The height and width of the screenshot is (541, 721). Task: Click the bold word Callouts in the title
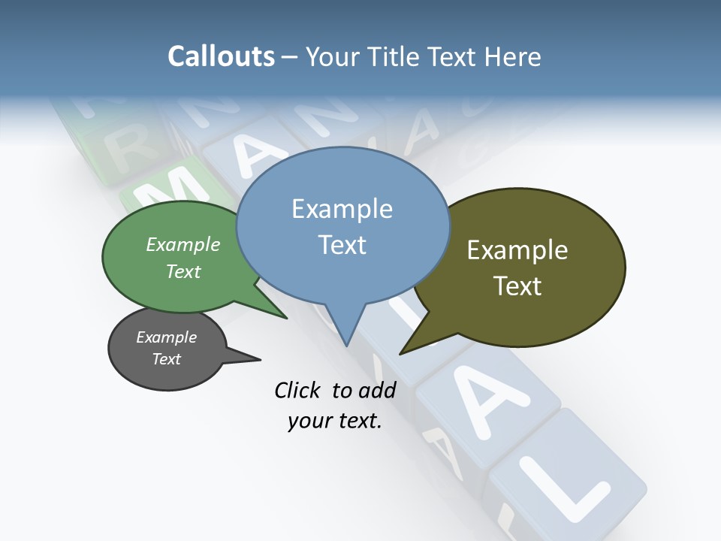(221, 56)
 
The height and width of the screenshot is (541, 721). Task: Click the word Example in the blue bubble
(342, 209)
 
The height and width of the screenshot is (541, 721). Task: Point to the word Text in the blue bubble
(342, 244)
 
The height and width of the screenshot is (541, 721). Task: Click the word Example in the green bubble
(183, 244)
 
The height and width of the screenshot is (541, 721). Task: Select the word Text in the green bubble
(183, 271)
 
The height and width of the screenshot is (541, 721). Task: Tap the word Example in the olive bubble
(517, 250)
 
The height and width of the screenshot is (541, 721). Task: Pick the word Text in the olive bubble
(517, 286)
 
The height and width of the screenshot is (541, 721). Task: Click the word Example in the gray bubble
(166, 337)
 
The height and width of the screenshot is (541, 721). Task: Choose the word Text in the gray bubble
(166, 359)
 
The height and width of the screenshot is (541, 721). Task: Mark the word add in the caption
(377, 390)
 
